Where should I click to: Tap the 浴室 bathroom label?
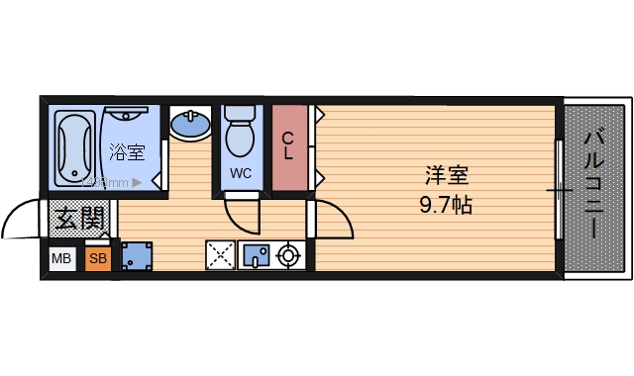tap(127, 152)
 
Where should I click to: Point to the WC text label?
tap(241, 173)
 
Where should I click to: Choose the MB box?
tap(61, 259)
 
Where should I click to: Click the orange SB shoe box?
tap(97, 259)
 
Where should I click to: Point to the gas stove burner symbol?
tap(288, 255)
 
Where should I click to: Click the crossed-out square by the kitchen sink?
tap(219, 255)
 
